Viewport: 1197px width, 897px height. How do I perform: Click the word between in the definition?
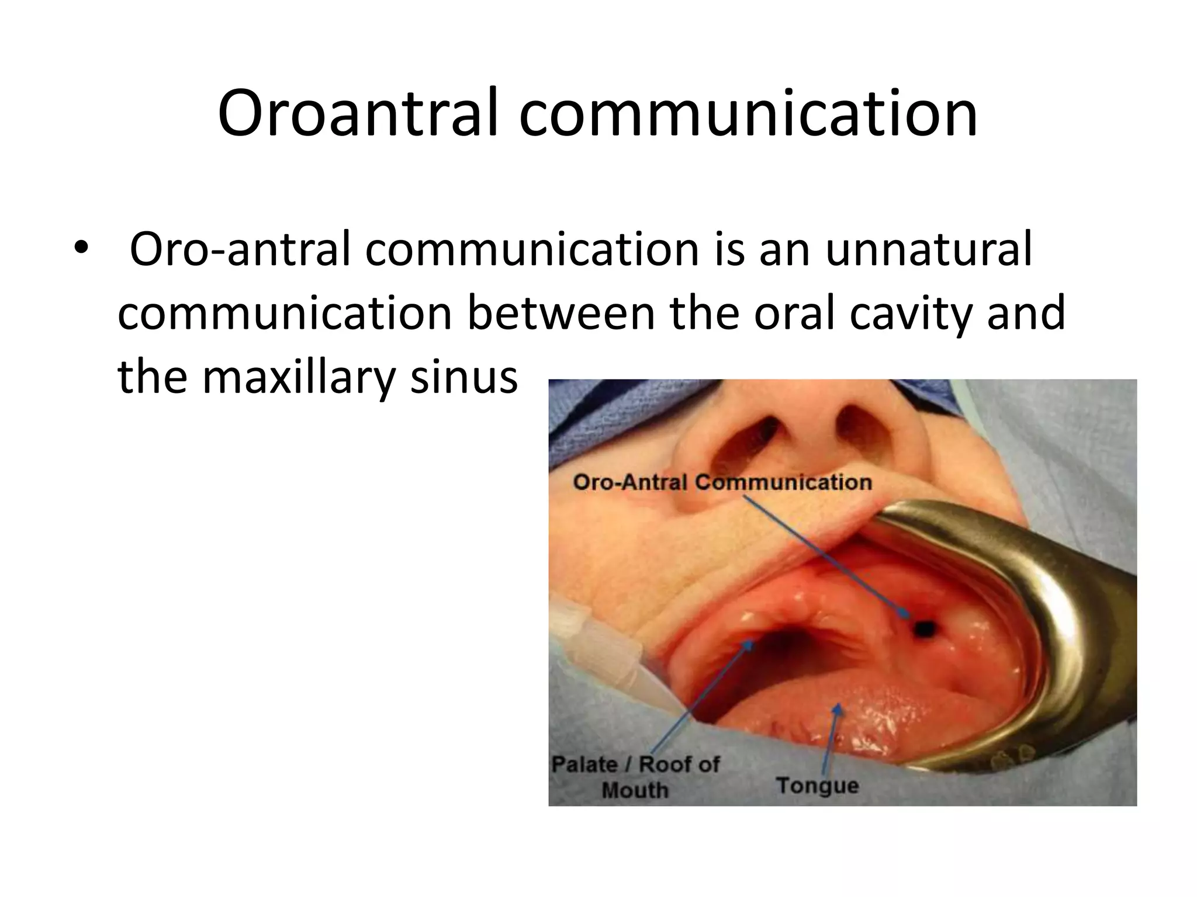coord(561,314)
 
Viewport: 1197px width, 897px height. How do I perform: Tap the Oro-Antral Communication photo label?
coord(722,482)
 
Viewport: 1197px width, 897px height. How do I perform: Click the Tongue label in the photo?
coord(817,785)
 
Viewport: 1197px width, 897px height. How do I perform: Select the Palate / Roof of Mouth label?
coord(635,777)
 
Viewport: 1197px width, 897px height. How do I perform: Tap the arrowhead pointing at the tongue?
coord(838,710)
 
